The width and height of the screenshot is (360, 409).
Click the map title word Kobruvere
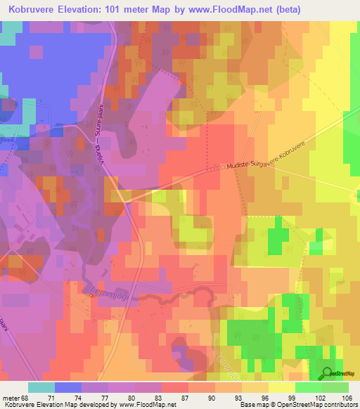[34, 11]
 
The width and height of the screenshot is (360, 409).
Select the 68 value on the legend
[28, 397]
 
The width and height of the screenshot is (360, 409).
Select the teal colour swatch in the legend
[40, 387]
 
